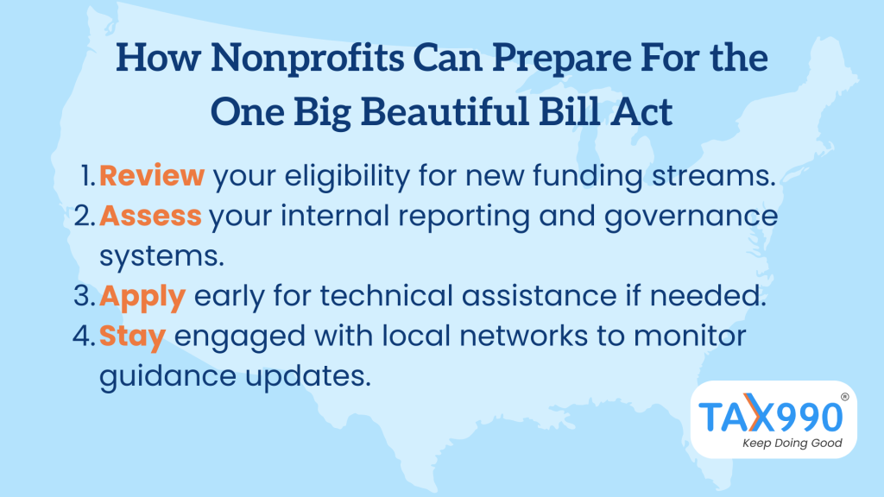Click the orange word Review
click(x=152, y=175)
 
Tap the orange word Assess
click(x=150, y=216)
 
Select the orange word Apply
click(x=142, y=298)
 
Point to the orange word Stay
click(x=132, y=337)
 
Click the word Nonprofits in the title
click(x=307, y=58)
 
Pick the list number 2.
click(x=85, y=217)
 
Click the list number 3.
click(x=85, y=297)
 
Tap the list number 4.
click(x=84, y=337)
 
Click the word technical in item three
click(x=387, y=296)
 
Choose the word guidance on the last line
click(x=167, y=376)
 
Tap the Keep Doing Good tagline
click(x=792, y=443)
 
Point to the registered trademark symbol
click(x=844, y=397)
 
